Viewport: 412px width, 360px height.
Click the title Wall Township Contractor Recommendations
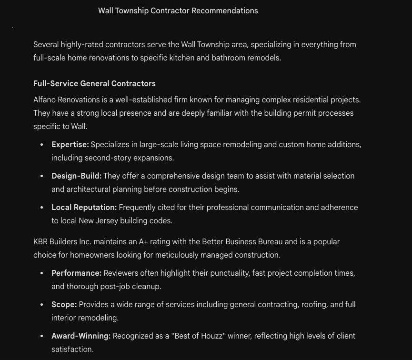point(178,11)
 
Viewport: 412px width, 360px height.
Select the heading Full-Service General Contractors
point(94,84)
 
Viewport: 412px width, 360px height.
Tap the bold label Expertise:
point(70,145)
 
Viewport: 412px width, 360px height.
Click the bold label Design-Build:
point(76,176)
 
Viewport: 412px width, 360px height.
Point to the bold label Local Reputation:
point(84,208)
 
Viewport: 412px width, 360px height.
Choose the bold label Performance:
point(76,273)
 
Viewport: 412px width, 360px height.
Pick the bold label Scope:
point(64,305)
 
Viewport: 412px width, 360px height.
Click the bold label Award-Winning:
point(81,336)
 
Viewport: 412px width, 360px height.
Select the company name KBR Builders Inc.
point(62,242)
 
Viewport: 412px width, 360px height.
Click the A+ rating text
point(143,242)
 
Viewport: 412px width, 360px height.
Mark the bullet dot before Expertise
point(42,145)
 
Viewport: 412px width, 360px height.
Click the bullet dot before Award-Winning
point(42,336)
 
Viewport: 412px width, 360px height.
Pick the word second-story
point(105,158)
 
